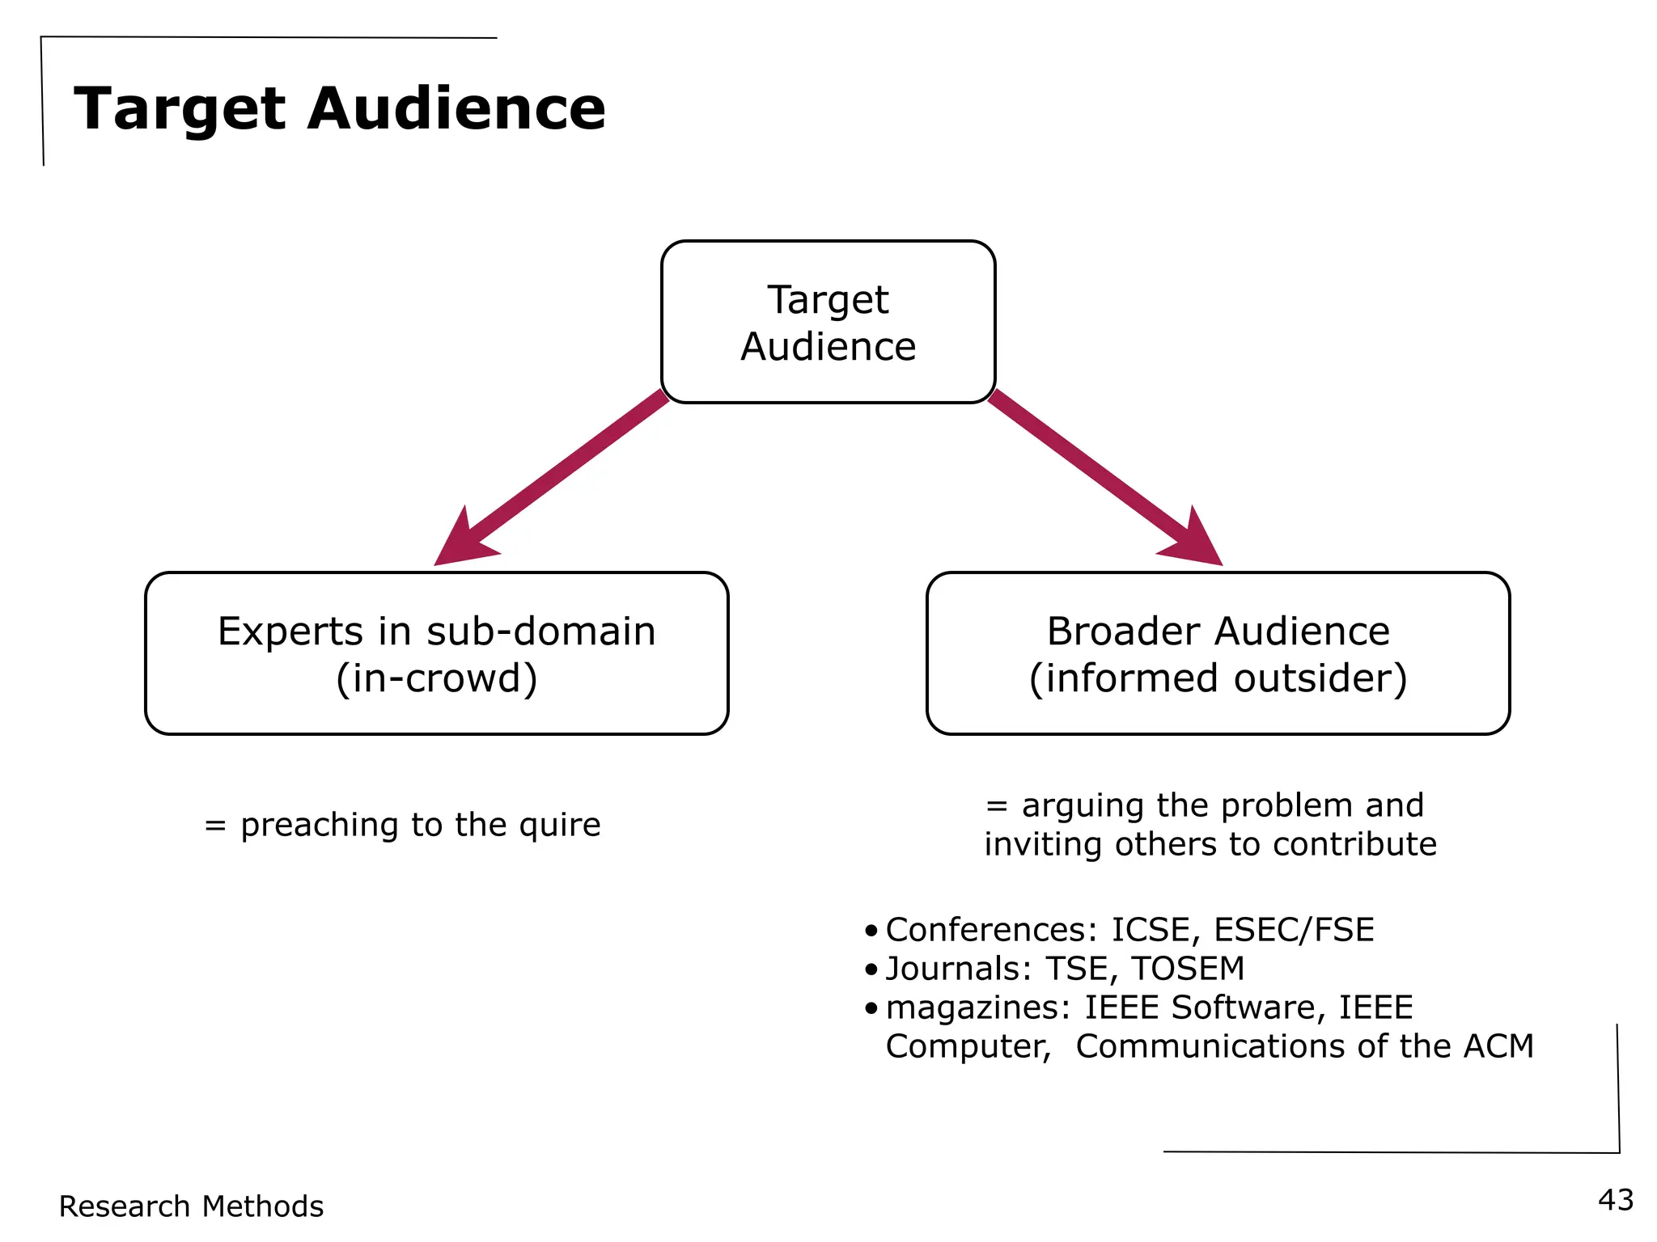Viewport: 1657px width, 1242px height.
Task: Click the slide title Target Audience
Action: click(x=340, y=108)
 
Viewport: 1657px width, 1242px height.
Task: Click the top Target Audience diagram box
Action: click(x=828, y=322)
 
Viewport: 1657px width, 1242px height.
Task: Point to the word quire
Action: click(x=560, y=826)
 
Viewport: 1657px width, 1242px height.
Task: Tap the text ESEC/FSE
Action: click(x=1294, y=930)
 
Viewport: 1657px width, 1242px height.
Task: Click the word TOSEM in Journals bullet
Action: click(x=1188, y=969)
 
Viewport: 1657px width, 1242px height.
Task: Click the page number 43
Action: click(x=1616, y=1200)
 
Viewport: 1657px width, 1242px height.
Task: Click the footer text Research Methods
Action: click(x=191, y=1206)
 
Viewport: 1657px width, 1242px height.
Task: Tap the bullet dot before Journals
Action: click(x=871, y=969)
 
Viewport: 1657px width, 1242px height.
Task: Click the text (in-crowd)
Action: click(x=436, y=678)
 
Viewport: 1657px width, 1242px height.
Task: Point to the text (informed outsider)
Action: click(x=1218, y=678)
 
